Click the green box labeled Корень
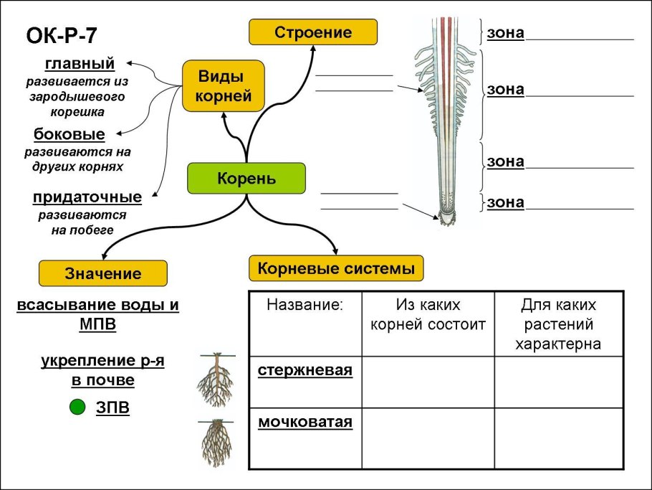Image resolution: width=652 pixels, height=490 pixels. pyautogui.click(x=246, y=178)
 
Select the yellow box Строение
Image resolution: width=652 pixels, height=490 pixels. pyautogui.click(x=313, y=32)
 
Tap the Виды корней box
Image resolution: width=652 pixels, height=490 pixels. pyautogui.click(x=223, y=86)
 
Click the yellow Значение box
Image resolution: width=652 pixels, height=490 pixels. pyautogui.click(x=102, y=273)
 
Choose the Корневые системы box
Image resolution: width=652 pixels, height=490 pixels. pyautogui.click(x=336, y=269)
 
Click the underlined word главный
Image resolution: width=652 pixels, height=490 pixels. pyautogui.click(x=80, y=65)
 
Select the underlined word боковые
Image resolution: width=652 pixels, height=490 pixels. pyautogui.click(x=69, y=134)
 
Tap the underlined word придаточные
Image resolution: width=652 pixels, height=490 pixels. pyautogui.click(x=87, y=197)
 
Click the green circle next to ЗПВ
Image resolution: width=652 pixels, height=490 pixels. pyautogui.click(x=77, y=408)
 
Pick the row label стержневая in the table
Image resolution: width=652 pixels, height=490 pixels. pyautogui.click(x=305, y=370)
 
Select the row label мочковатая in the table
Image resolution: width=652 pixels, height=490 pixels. pyautogui.click(x=305, y=421)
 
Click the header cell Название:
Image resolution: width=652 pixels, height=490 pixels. pyautogui.click(x=305, y=305)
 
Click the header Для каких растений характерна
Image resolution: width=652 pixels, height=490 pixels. pyautogui.click(x=558, y=324)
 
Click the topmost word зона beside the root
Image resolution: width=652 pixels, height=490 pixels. pyautogui.click(x=505, y=33)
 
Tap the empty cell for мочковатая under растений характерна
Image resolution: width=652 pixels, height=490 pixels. pyautogui.click(x=558, y=438)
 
